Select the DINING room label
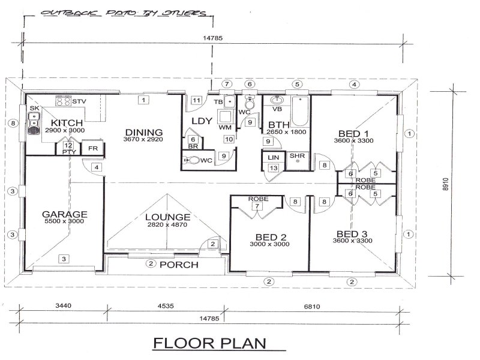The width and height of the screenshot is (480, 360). (143, 132)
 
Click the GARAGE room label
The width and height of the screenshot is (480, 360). (64, 214)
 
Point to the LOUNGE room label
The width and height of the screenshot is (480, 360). (170, 217)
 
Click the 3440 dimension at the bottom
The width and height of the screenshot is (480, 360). (63, 306)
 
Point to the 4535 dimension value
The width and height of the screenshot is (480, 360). (166, 306)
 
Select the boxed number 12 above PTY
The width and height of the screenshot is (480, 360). (68, 146)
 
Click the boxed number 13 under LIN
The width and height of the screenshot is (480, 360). (274, 168)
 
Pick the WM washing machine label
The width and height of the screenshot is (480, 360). (226, 127)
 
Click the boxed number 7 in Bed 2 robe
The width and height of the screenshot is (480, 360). (257, 206)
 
